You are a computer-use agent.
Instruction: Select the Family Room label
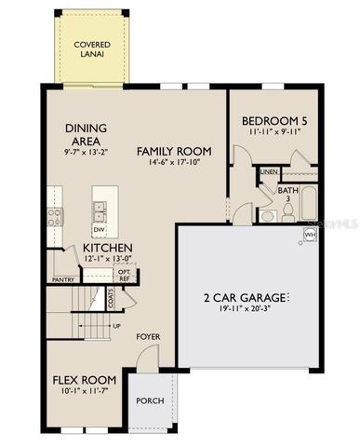click(174, 151)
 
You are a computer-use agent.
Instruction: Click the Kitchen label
click(107, 248)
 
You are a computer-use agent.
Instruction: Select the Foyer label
click(148, 336)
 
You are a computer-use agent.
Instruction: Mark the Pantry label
click(62, 279)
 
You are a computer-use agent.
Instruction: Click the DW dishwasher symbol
click(99, 229)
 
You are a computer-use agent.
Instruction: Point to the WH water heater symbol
click(310, 236)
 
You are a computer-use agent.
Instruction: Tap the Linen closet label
click(268, 172)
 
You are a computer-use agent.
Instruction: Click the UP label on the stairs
click(116, 327)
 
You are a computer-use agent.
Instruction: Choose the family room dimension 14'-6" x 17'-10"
click(174, 163)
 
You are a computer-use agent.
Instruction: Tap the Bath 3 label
click(287, 195)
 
